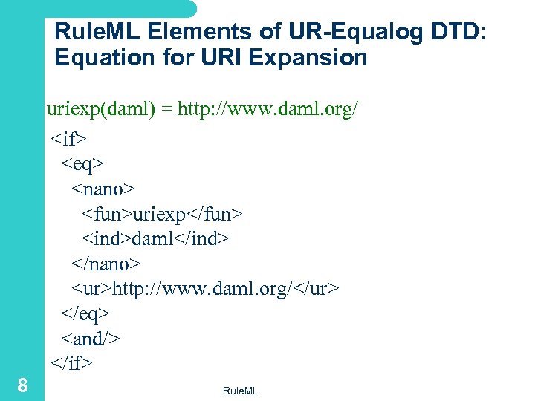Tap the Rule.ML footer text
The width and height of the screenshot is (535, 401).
point(240,391)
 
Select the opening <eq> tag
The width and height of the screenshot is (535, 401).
point(82,163)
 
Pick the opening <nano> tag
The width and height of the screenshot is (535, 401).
point(104,188)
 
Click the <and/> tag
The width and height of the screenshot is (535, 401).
point(91,339)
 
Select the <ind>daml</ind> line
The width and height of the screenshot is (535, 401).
point(155,238)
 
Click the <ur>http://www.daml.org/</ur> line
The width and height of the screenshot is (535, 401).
point(205,288)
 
